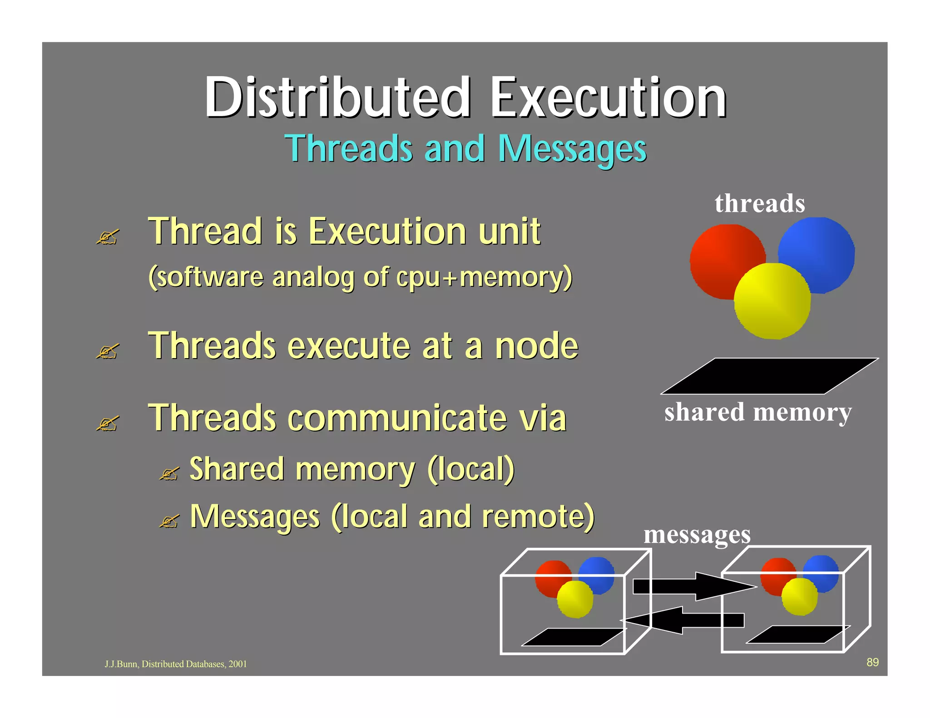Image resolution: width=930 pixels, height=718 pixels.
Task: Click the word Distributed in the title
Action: point(337,98)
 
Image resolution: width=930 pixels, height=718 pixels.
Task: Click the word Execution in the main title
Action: point(608,98)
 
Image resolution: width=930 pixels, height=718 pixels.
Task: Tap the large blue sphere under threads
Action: point(822,250)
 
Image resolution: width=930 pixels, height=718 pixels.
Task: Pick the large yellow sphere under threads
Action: point(772,302)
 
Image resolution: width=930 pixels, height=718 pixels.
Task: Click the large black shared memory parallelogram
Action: point(769,376)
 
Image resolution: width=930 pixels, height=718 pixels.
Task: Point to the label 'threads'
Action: point(760,203)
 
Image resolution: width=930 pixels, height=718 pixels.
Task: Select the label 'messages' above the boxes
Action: point(697,534)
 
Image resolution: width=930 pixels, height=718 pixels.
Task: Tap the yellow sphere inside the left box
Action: point(575,599)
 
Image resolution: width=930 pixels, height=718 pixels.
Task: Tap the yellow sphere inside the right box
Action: point(800,596)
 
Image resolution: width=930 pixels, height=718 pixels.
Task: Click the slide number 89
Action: point(872,662)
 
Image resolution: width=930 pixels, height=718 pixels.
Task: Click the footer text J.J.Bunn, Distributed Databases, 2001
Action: point(176,664)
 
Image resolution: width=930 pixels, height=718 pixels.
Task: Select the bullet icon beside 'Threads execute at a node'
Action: point(108,351)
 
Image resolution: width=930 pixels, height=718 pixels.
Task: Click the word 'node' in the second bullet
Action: point(536,346)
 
